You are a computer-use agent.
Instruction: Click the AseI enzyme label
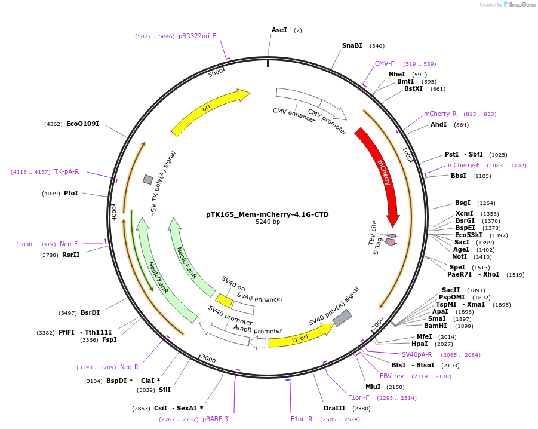(x=279, y=30)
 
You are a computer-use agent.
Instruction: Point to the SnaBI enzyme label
(x=352, y=45)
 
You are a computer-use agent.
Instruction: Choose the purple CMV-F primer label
(x=385, y=63)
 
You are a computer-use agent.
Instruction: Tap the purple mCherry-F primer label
(x=463, y=165)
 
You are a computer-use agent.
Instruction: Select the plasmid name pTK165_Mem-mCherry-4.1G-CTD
(x=267, y=214)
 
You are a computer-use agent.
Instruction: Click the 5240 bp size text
(x=268, y=222)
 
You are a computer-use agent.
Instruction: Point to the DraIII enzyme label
(x=334, y=408)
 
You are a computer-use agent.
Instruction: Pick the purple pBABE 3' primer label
(x=216, y=419)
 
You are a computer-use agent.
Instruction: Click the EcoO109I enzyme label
(x=82, y=124)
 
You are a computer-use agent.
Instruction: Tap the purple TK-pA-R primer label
(x=66, y=171)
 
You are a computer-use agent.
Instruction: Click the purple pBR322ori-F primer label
(x=197, y=36)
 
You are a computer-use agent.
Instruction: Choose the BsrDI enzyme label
(x=90, y=312)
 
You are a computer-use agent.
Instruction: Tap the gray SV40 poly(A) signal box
(x=342, y=318)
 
